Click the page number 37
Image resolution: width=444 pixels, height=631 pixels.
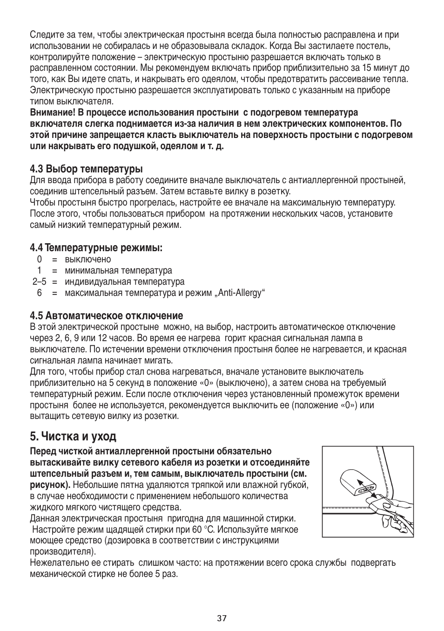tap(222, 618)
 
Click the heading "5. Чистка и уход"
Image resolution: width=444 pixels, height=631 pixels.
tap(73, 436)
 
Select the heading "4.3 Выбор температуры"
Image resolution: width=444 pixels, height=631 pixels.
tap(86, 168)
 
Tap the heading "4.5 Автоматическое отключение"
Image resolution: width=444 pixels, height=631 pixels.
tap(106, 315)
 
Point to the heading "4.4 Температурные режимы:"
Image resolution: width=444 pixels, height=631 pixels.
tap(96, 248)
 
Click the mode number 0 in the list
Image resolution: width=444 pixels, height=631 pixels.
tap(40, 259)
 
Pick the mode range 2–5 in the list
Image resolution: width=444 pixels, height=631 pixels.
tap(40, 281)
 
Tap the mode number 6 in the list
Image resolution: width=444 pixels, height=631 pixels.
tap(40, 293)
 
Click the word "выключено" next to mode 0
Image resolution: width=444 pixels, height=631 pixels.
tap(88, 259)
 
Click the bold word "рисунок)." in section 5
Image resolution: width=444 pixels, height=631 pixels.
tap(50, 485)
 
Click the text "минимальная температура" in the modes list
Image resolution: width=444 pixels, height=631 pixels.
tap(118, 270)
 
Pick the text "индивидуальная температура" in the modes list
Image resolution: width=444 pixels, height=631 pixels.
tap(124, 281)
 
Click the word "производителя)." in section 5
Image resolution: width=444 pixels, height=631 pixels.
tap(63, 551)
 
